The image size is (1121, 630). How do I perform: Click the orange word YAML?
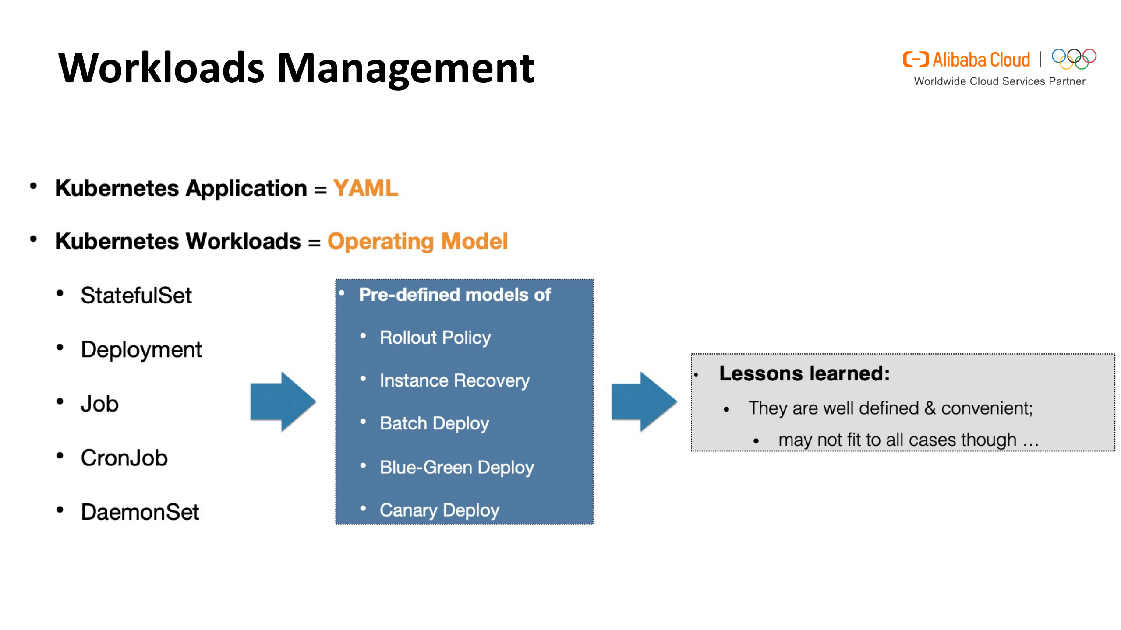(x=365, y=188)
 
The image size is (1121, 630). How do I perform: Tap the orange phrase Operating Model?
(x=417, y=241)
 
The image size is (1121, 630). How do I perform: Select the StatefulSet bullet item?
(x=136, y=295)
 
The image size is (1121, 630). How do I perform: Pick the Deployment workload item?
(x=141, y=349)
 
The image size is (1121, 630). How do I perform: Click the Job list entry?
(x=99, y=403)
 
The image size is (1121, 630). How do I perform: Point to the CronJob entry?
(x=124, y=458)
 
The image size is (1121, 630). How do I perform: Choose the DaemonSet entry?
(x=140, y=512)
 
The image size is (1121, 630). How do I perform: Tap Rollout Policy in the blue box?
(x=435, y=338)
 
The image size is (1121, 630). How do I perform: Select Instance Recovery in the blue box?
(x=454, y=380)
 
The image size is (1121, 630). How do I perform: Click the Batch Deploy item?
(x=434, y=423)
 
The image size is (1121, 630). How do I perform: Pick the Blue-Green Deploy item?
(x=456, y=467)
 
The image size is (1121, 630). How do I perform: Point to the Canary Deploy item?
(x=439, y=510)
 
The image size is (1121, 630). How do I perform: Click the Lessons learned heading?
(x=804, y=373)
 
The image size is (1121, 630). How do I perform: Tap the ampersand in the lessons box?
(x=930, y=408)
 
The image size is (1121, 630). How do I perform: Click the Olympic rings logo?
(x=1074, y=59)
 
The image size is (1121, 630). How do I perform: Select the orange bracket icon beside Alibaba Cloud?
(x=915, y=59)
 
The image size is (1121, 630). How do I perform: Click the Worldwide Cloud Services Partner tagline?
(x=999, y=81)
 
